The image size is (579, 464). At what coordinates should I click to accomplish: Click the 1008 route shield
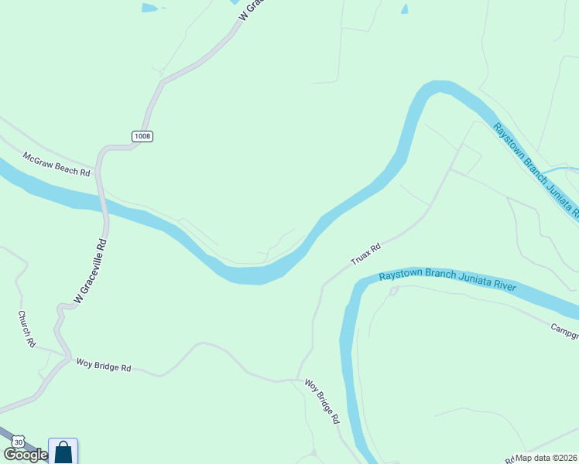pyautogui.click(x=142, y=136)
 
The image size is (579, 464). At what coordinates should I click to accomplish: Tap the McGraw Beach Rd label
pyautogui.click(x=57, y=163)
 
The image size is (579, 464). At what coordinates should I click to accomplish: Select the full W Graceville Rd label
pyautogui.click(x=89, y=270)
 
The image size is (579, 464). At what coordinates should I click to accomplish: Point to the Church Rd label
pyautogui.click(x=27, y=329)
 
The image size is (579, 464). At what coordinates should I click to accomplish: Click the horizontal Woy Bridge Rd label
pyautogui.click(x=103, y=364)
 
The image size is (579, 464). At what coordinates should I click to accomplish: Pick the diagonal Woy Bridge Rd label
pyautogui.click(x=322, y=401)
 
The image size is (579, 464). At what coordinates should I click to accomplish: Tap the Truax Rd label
pyautogui.click(x=366, y=254)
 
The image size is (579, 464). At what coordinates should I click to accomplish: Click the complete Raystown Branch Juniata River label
pyautogui.click(x=447, y=281)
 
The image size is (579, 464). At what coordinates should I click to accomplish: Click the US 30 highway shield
pyautogui.click(x=18, y=441)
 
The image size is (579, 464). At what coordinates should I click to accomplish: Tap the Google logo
pyautogui.click(x=25, y=455)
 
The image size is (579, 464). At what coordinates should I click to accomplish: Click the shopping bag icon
pyautogui.click(x=63, y=452)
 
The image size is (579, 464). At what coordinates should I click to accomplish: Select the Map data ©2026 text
pyautogui.click(x=546, y=458)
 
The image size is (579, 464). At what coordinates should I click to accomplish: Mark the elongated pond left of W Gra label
pyautogui.click(x=152, y=8)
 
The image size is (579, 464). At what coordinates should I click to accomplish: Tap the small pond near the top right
pyautogui.click(x=404, y=9)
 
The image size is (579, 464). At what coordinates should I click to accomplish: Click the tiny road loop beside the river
pyautogui.click(x=393, y=291)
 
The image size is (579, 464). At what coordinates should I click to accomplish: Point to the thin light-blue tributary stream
pyautogui.click(x=559, y=169)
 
